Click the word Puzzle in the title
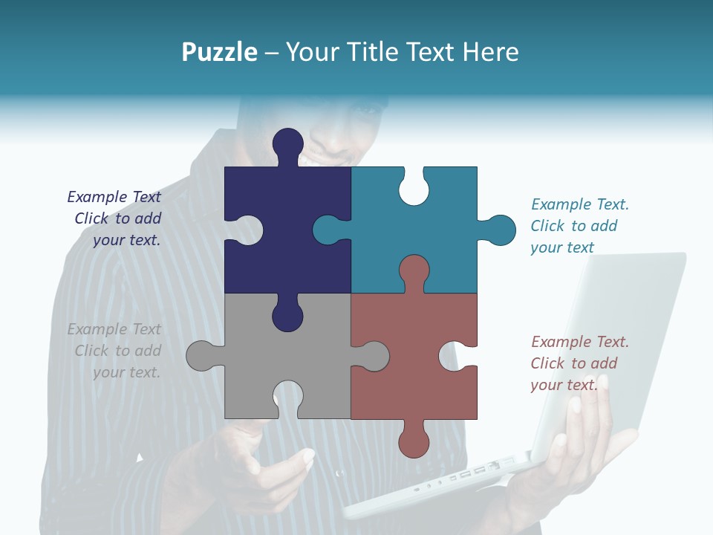(x=220, y=52)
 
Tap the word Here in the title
(x=490, y=52)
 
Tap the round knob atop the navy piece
(x=288, y=143)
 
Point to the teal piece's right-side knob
(x=499, y=230)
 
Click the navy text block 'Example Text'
(x=115, y=218)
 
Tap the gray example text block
(x=115, y=351)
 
